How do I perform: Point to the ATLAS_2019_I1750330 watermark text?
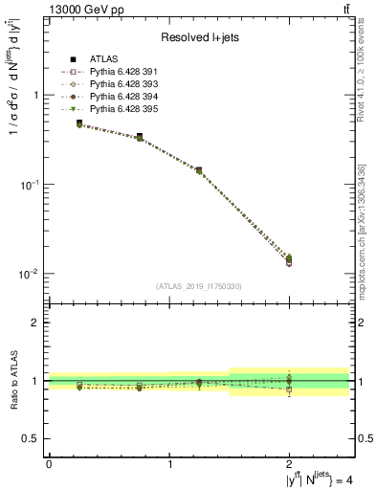click(x=198, y=286)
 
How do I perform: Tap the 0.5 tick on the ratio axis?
click(x=32, y=438)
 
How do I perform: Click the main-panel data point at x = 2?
click(x=289, y=259)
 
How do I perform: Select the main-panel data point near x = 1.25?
click(x=199, y=170)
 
